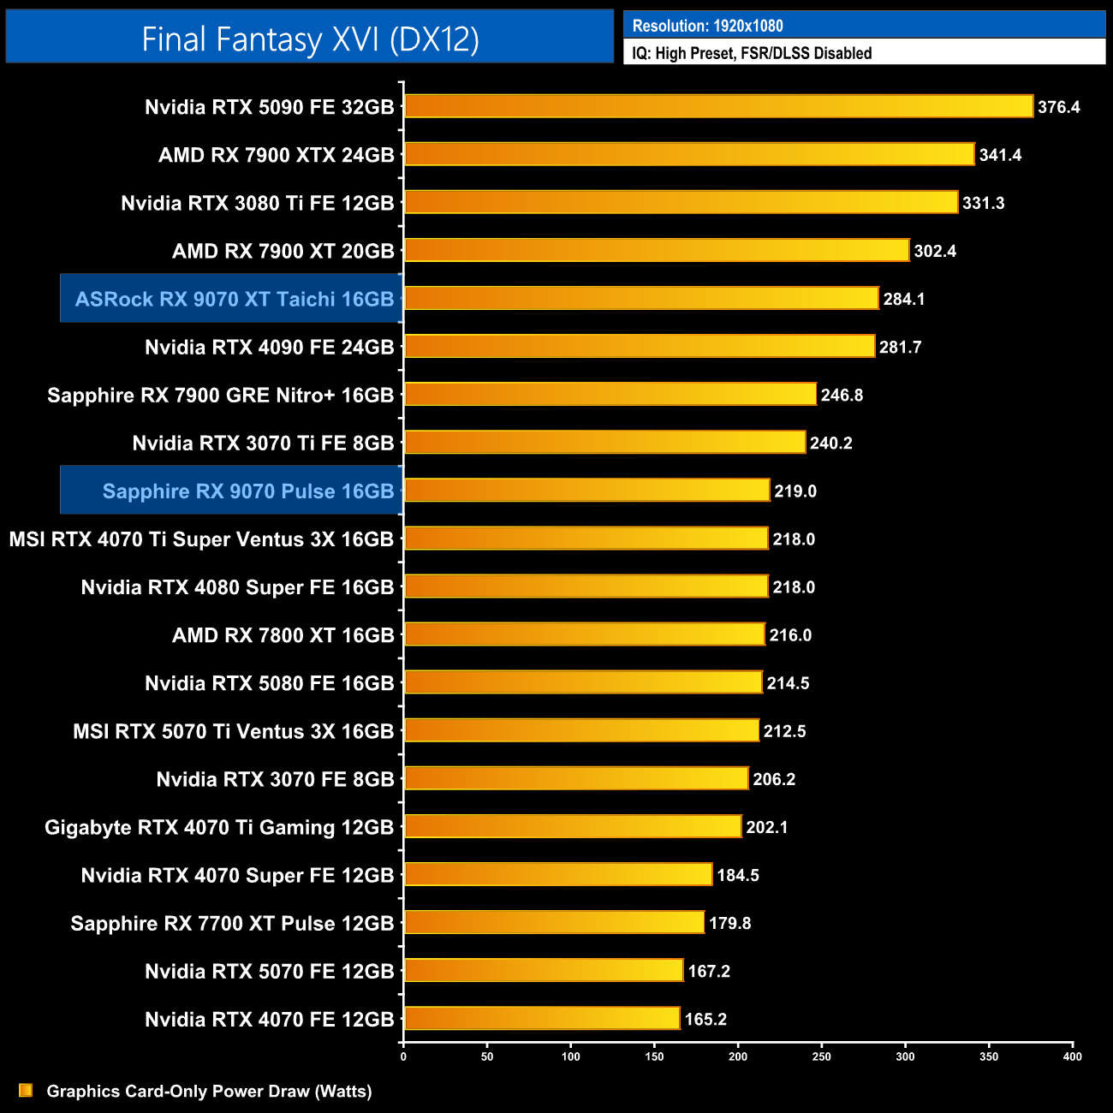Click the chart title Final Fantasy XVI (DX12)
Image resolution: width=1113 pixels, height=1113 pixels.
click(310, 39)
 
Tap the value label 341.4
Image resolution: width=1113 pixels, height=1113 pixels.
click(1000, 155)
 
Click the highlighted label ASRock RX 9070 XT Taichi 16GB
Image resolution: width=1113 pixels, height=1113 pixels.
click(234, 299)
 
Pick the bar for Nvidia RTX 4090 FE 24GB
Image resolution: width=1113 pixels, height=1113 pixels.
click(639, 347)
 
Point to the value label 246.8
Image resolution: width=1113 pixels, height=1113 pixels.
click(842, 395)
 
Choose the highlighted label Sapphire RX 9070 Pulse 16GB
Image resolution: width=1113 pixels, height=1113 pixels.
click(247, 491)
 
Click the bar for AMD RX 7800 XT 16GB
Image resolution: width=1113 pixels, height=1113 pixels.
click(584, 634)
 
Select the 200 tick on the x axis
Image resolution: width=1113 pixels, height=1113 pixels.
click(738, 1056)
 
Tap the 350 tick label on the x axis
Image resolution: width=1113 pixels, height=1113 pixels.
click(989, 1056)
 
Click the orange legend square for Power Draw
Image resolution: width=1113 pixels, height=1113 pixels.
click(26, 1090)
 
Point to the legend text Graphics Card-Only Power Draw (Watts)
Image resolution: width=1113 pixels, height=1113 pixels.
click(209, 1091)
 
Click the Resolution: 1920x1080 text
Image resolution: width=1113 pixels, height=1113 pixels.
click(707, 26)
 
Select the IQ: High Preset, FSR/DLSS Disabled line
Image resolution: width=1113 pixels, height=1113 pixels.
click(752, 53)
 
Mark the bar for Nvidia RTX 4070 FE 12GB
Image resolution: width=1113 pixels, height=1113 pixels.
click(542, 1018)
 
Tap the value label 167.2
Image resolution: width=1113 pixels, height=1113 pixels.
click(709, 971)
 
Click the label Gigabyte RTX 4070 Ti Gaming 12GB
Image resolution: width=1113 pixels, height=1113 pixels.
click(219, 827)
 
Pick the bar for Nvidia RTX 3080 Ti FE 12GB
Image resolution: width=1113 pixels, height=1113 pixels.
click(681, 203)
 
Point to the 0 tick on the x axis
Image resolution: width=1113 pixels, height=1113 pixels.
click(403, 1056)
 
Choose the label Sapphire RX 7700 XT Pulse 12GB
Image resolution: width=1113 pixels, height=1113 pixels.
click(232, 923)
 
